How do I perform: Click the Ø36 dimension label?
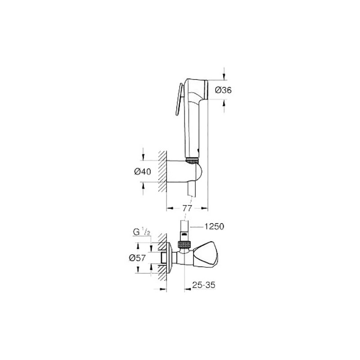click(x=223, y=90)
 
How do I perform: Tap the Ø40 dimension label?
click(x=143, y=171)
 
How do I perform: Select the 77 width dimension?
click(x=187, y=208)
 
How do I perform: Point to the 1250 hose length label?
click(x=215, y=227)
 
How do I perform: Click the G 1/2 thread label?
click(x=142, y=233)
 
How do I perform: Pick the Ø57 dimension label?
click(x=137, y=258)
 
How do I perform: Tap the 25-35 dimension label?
click(x=204, y=285)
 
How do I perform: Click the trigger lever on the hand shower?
click(x=178, y=99)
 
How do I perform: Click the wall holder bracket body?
click(x=184, y=171)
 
